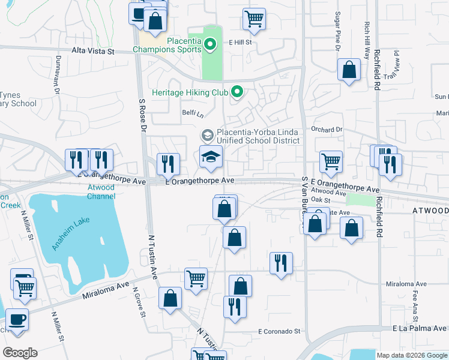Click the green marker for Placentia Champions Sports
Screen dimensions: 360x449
(209, 43)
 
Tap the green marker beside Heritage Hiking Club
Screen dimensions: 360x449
(237, 92)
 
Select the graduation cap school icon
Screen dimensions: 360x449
(211, 157)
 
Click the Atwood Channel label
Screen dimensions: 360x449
(101, 191)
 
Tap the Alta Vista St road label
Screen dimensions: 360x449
(93, 52)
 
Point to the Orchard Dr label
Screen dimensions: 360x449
(326, 129)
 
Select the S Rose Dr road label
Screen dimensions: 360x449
(142, 116)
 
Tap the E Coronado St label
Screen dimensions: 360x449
(279, 331)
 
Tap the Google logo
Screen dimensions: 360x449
(20, 353)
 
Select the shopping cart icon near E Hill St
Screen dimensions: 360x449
(254, 19)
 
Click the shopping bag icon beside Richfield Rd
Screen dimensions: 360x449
(349, 70)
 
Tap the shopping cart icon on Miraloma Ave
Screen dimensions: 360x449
(196, 279)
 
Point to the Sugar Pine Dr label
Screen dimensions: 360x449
(338, 28)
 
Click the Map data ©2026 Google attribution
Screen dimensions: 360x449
(411, 355)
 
